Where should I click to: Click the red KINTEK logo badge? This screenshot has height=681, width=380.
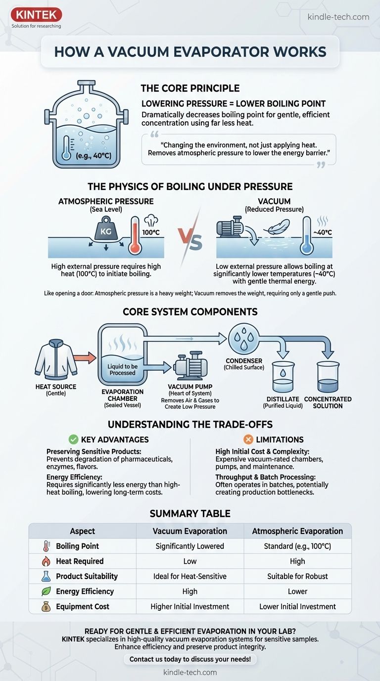(36, 14)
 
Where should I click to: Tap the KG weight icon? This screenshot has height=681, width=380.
(106, 230)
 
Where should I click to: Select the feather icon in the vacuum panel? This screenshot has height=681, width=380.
(276, 227)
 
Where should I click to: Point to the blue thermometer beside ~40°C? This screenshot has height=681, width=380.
(306, 235)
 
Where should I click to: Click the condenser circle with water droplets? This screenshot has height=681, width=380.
(243, 339)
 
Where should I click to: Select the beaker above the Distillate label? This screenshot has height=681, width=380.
(283, 377)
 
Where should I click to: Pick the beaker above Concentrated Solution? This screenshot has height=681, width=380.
(328, 377)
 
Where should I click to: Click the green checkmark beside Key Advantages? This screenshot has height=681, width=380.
(73, 439)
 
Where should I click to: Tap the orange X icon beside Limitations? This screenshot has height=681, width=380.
(248, 439)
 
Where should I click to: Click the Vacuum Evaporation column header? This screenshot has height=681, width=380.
(190, 531)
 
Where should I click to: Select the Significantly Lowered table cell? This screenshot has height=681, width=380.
(190, 546)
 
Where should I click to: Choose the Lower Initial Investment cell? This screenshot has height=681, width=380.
(297, 607)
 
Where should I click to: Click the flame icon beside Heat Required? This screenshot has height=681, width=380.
(46, 561)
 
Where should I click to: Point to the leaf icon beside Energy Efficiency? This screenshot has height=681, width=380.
(46, 591)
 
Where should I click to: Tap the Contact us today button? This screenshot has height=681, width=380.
(190, 659)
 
